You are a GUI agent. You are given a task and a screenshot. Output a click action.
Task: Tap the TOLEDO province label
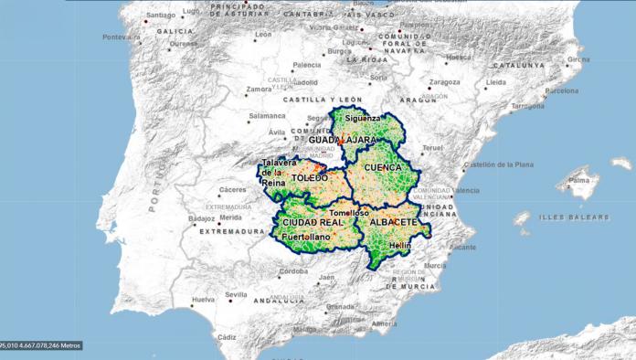[309, 177]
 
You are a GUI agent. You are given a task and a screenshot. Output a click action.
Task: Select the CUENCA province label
[382, 168]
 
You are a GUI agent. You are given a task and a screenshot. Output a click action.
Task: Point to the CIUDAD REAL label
[313, 222]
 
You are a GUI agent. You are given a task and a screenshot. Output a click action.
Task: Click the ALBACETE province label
[394, 222]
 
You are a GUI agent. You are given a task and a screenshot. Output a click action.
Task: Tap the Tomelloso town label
[348, 212]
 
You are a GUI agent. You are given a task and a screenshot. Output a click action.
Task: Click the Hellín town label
[399, 247]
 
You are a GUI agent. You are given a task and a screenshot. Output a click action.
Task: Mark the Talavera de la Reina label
[273, 173]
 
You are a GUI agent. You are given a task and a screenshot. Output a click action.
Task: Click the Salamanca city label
[268, 116]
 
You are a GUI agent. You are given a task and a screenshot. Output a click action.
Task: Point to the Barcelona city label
[561, 90]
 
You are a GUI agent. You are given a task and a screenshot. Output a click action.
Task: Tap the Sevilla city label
[236, 294]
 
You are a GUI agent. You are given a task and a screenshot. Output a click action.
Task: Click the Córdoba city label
[293, 271]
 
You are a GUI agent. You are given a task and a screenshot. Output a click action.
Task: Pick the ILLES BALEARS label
[574, 217]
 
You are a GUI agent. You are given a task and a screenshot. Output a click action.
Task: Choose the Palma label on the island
[579, 181]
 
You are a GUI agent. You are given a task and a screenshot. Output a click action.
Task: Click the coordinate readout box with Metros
[41, 345]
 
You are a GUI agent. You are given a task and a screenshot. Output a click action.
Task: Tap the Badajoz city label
[201, 218]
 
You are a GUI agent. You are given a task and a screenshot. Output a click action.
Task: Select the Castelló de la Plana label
[497, 165]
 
